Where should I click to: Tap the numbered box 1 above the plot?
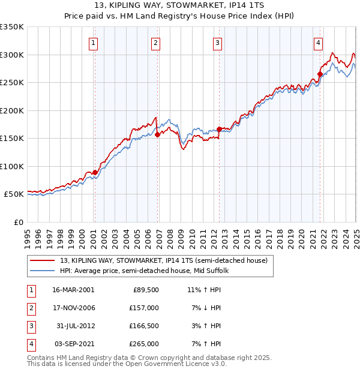pos(94,43)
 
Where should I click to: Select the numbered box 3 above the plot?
pos(217,43)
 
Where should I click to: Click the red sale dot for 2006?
pos(157,135)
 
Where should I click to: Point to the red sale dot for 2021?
pos(320,74)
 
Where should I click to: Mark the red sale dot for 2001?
pos(95,172)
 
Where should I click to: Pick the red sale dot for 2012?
pos(219,129)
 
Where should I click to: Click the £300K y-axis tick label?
pos(12,55)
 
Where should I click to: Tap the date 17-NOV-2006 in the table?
pos(73,308)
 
